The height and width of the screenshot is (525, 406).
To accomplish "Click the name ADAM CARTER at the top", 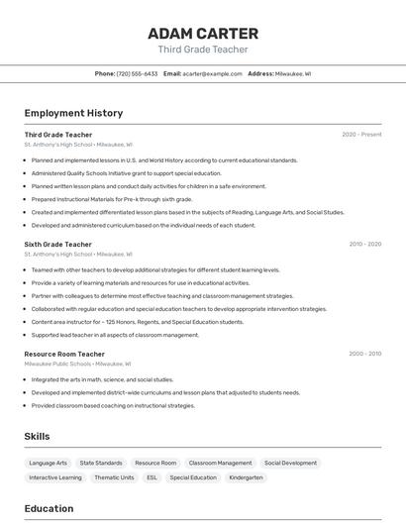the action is tap(203, 33).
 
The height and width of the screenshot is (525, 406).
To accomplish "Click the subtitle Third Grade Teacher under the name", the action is tap(203, 50).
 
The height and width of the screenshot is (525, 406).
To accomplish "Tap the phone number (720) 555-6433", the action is tap(137, 73).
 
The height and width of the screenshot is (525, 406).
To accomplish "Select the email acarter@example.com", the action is tap(212, 73).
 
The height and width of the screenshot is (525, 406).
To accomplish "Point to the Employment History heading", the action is tap(73, 113).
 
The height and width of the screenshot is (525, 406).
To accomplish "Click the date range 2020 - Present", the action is tap(361, 135).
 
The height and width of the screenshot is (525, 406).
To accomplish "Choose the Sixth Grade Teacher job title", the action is tap(57, 244).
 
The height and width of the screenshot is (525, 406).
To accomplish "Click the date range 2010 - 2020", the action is tap(364, 244).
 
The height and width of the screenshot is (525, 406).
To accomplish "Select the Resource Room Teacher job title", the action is tap(64, 354).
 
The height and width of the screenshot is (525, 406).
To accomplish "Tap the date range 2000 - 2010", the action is tap(364, 354).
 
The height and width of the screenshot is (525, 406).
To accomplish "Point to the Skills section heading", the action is tap(37, 436).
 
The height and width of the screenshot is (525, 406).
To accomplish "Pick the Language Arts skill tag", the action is tap(49, 463).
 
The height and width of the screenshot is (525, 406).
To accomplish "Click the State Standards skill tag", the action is tap(101, 463).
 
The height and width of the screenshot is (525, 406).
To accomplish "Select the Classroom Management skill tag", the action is tap(220, 463).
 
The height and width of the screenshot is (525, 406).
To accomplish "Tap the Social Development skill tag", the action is tap(290, 463).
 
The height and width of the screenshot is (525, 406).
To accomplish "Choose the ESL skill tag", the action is tap(152, 477).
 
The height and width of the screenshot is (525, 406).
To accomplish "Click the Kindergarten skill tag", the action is tap(246, 477).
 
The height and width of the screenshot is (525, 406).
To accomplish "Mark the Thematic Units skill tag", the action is tap(114, 477).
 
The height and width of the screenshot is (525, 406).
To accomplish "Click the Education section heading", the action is tap(49, 508).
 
